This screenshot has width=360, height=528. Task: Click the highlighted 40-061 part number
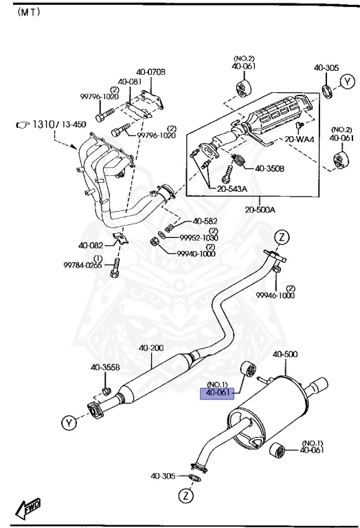pos(217,394)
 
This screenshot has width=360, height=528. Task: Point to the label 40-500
pos(285,355)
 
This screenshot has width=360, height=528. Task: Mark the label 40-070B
pos(150,72)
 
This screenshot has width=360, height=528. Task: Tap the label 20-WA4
pos(300,140)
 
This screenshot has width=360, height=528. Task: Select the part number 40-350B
pos(270,168)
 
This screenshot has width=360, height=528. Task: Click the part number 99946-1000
pos(275,295)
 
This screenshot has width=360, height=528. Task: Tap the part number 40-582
pos(205,221)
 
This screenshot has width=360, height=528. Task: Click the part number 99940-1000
pos(196,254)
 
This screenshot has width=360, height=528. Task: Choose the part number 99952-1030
pos(199,237)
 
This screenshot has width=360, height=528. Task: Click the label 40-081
pos(130,81)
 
